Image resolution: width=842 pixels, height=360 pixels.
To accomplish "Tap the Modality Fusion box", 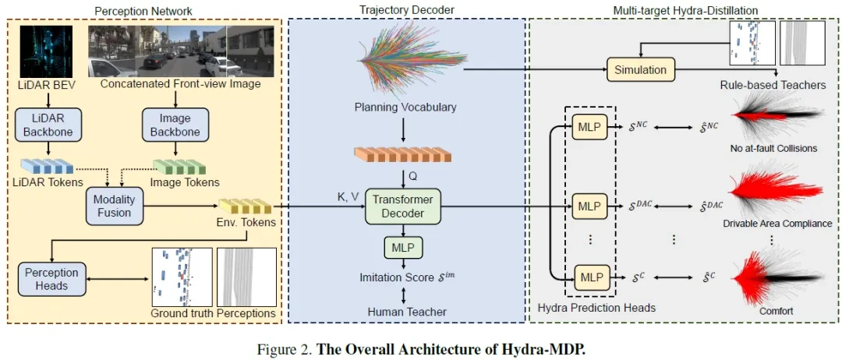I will coord(115,206).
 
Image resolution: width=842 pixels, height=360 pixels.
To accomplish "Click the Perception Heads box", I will coord(51,279).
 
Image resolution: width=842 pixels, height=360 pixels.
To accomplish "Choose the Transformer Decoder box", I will coord(403,206).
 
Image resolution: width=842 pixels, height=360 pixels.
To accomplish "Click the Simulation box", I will coord(640,69).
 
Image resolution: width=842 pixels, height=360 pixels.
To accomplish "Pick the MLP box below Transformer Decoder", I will coord(403,248).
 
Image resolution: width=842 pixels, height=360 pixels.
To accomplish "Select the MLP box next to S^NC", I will coord(589,126).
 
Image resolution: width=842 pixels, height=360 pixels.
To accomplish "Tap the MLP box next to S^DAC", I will coord(589,206).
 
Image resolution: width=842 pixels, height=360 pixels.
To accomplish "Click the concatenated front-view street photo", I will coord(182,51).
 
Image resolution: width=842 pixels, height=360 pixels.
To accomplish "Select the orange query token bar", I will coord(402,154).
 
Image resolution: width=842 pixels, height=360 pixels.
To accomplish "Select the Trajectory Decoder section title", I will coord(407,9).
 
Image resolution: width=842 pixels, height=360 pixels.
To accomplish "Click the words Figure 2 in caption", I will coord(284,348).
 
